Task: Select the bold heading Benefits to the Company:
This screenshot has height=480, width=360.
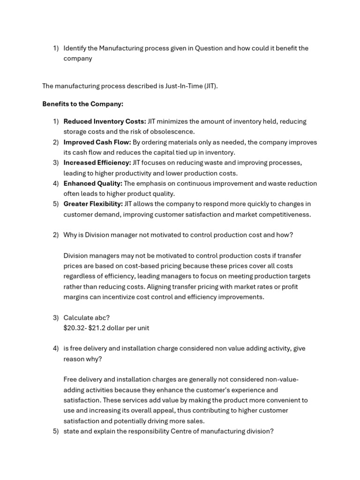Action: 82,104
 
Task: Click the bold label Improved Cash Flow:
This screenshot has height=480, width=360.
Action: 97,142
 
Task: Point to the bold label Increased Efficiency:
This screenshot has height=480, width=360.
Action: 97,163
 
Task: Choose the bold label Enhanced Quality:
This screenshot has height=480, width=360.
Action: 93,183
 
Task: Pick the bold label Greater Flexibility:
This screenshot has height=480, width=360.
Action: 93,204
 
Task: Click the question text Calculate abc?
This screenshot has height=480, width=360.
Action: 86,318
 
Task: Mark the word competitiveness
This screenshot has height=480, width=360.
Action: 285,214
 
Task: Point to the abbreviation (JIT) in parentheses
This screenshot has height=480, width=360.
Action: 210,86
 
